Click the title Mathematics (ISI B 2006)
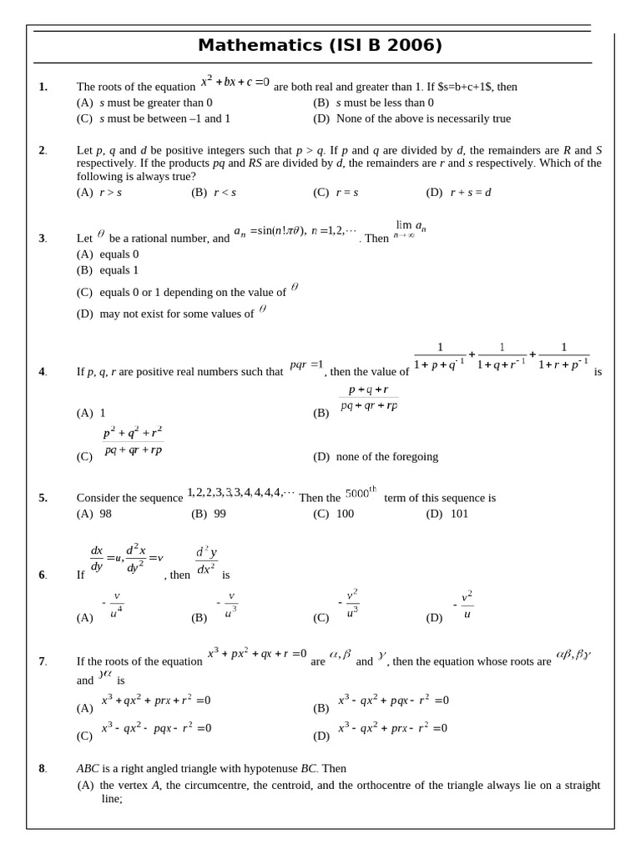click(x=320, y=46)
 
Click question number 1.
click(x=43, y=87)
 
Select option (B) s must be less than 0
click(x=374, y=103)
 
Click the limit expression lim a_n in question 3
click(x=409, y=229)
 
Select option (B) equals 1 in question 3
click(x=108, y=270)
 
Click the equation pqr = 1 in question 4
click(x=306, y=365)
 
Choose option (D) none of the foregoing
click(x=376, y=457)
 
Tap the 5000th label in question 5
click(x=361, y=492)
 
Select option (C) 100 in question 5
click(x=333, y=514)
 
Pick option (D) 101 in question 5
click(x=447, y=514)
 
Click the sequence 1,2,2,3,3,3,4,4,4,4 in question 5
click(x=240, y=493)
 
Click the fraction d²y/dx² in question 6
click(x=206, y=560)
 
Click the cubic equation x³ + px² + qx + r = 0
click(x=257, y=654)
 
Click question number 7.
click(x=43, y=661)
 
